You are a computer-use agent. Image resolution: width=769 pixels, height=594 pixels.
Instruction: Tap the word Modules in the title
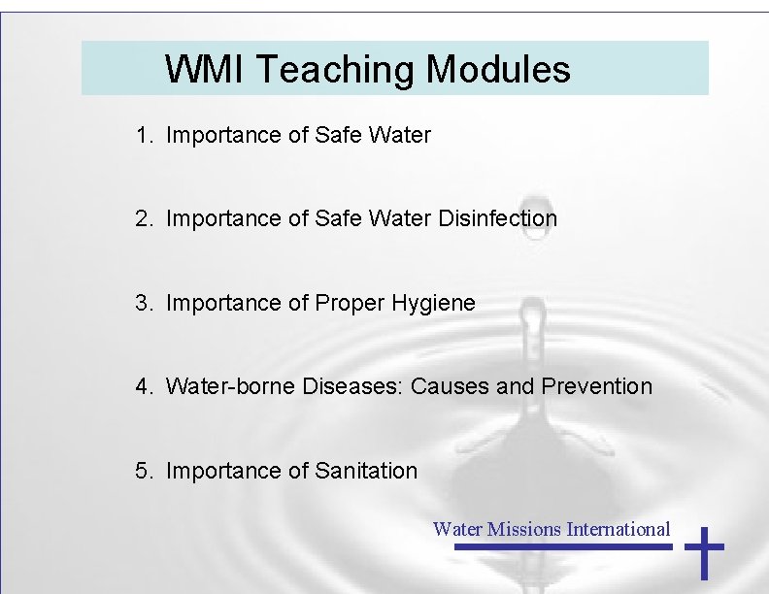point(498,70)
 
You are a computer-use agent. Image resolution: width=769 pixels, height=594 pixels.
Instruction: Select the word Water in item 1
point(400,136)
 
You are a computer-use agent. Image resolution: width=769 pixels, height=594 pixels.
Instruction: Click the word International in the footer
point(619,529)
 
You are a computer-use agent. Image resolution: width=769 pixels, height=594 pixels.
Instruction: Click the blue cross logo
point(705,552)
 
